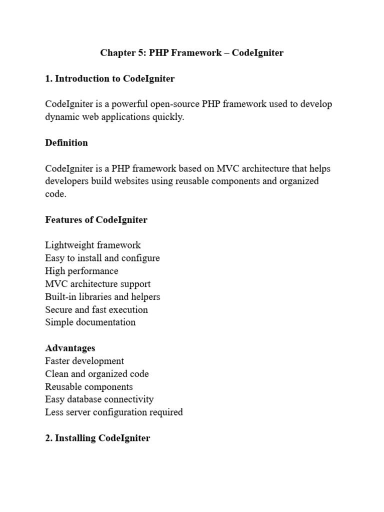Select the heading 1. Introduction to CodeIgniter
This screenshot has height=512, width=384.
(110, 78)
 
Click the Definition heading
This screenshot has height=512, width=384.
(66, 142)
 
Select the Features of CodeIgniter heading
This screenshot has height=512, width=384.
(96, 219)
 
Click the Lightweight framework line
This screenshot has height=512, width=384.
(93, 245)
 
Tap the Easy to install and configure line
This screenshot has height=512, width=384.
(102, 258)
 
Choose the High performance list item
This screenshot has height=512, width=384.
(81, 271)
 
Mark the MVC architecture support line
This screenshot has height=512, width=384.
(97, 284)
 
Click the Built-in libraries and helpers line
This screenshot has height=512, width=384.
(102, 296)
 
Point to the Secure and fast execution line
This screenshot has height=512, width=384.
(96, 309)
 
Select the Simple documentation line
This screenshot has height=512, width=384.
(90, 322)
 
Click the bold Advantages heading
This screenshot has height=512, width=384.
(70, 348)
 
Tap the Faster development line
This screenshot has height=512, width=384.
(84, 361)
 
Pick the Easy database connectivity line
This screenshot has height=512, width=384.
(99, 399)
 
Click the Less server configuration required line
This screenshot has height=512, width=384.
(114, 412)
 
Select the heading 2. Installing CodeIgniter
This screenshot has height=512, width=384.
(97, 438)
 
